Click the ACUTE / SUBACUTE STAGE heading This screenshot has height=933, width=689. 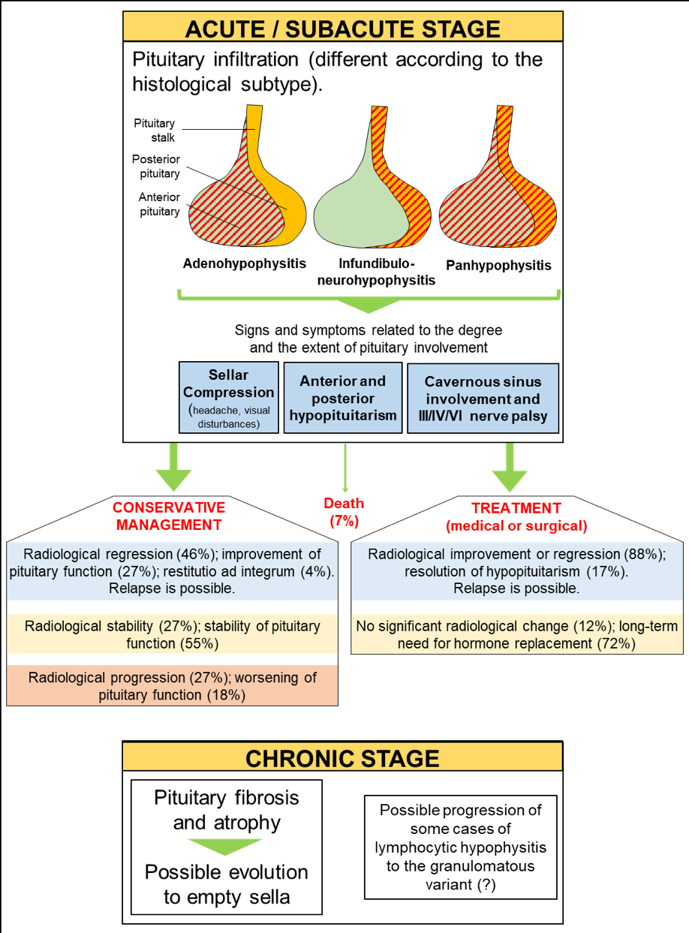click(342, 29)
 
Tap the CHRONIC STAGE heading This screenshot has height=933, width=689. click(342, 759)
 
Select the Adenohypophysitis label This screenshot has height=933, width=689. click(245, 263)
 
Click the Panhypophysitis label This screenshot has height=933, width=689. click(498, 266)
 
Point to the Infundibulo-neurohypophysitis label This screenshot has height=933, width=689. click(376, 272)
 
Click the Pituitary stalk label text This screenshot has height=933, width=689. click(155, 131)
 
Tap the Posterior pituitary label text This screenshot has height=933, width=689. click(156, 166)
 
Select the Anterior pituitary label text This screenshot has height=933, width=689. click(159, 204)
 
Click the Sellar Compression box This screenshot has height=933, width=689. click(229, 398)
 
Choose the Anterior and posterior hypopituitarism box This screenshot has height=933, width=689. click(343, 398)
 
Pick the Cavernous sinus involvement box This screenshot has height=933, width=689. click(483, 399)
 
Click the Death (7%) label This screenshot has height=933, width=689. click(344, 512)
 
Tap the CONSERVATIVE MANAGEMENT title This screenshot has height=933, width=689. click(169, 516)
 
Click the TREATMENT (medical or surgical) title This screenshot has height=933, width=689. click(516, 517)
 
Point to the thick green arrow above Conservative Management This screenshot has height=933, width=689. click(173, 467)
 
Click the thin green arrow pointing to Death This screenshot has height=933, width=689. click(345, 468)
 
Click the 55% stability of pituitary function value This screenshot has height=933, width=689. click(200, 643)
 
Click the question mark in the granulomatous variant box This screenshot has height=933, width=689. click(486, 885)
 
